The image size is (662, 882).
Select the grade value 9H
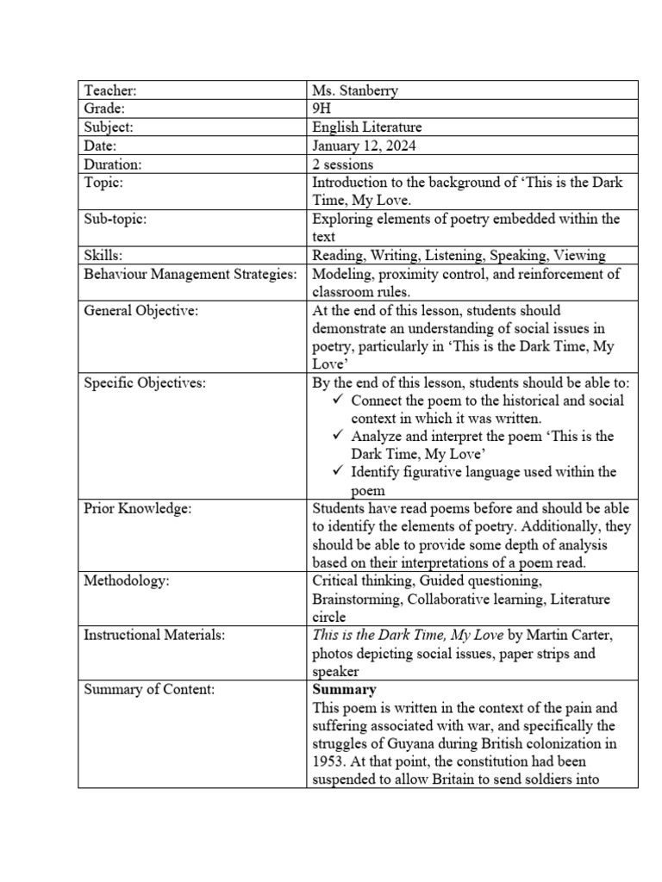click(322, 109)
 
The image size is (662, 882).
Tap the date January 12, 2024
click(364, 146)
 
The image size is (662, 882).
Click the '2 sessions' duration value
click(343, 164)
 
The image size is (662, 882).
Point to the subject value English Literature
click(367, 127)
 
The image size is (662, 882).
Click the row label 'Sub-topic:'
click(116, 219)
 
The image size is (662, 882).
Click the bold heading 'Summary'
click(344, 690)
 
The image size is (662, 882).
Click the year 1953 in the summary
click(328, 762)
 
